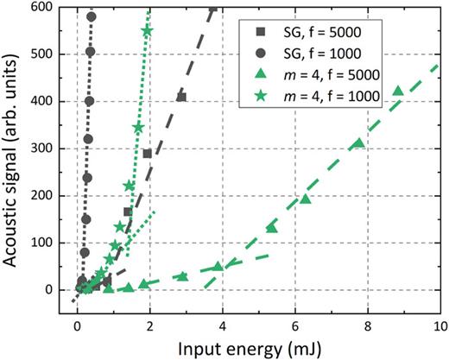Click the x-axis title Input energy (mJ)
(258, 348)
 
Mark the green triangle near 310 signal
(358, 143)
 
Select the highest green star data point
(147, 31)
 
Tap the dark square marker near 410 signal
(181, 97)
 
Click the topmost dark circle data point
(92, 16)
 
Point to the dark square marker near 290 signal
(147, 154)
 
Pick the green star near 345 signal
(138, 128)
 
